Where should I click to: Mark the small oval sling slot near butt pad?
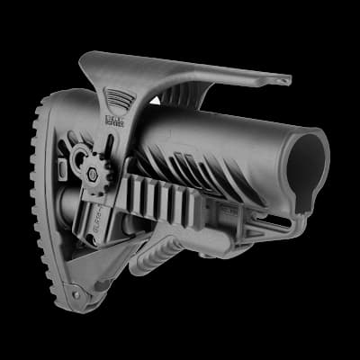click(62, 170)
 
